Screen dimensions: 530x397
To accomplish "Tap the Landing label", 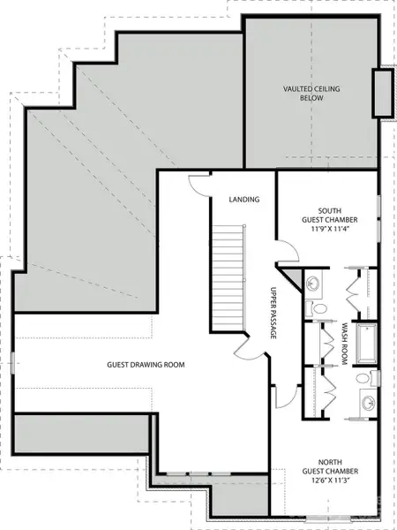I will [x=243, y=200].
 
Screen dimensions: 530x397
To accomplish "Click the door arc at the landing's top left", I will [x=201, y=184].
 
